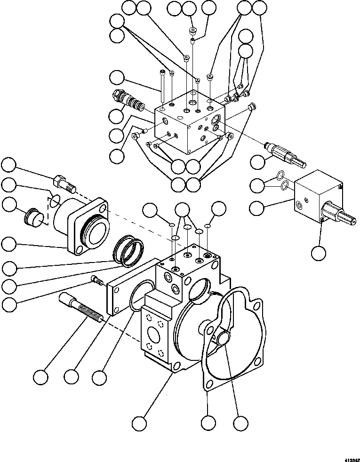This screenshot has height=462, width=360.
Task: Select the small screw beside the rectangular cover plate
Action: pos(97,281)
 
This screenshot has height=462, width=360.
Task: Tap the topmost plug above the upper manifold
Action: pos(192,31)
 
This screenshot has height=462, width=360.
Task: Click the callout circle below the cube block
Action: pos(319,253)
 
